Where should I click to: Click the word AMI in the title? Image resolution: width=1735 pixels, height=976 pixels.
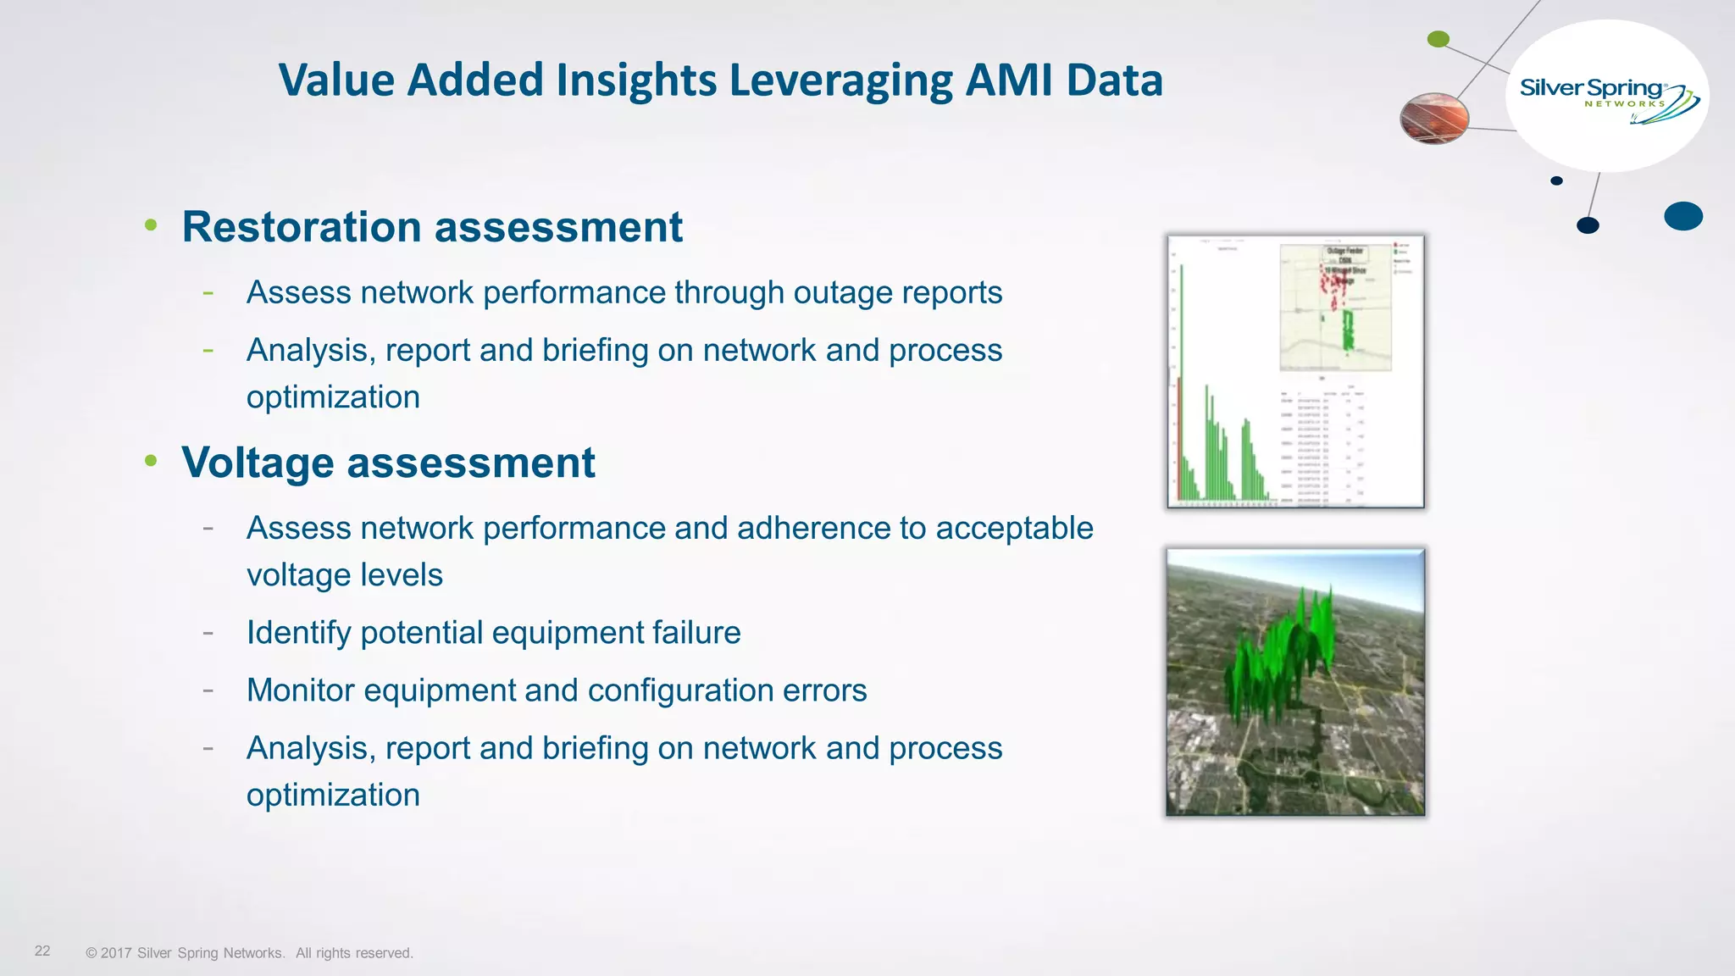(x=1008, y=80)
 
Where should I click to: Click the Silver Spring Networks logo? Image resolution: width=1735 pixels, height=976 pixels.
(x=1606, y=97)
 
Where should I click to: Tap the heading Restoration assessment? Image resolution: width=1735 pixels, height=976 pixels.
(x=432, y=227)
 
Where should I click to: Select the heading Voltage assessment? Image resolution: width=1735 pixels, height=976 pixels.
(x=388, y=463)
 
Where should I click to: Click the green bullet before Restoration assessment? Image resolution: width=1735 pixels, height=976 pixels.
(x=151, y=225)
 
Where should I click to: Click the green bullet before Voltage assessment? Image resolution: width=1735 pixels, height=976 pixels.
(x=151, y=460)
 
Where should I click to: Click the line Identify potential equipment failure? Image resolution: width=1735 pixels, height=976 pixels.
(x=493, y=633)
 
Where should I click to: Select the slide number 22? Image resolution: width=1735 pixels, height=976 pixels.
(x=42, y=951)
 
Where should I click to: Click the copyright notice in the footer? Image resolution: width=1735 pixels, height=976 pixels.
(x=249, y=953)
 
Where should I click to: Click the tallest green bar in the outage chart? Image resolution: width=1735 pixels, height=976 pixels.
(x=1182, y=381)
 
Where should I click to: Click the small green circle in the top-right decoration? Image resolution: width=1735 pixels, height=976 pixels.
(x=1438, y=39)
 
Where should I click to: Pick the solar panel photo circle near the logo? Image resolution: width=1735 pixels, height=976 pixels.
(x=1434, y=118)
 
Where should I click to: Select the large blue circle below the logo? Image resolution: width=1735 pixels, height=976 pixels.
(x=1682, y=216)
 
